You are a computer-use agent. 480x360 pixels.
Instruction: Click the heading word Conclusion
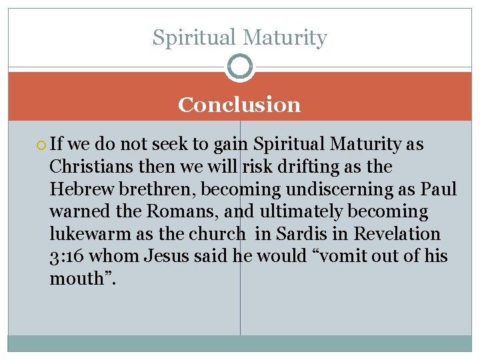tap(239, 105)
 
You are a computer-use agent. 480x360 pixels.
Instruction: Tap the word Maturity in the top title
tap(286, 37)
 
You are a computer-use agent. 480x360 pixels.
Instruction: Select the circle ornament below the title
tap(239, 66)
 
